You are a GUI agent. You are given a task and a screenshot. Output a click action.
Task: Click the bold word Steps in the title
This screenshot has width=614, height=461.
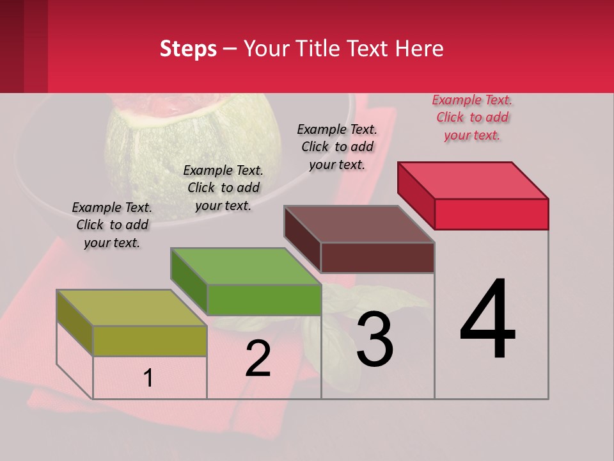pyautogui.click(x=188, y=49)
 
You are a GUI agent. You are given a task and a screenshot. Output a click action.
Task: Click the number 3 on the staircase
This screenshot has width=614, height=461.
pyautogui.click(x=375, y=341)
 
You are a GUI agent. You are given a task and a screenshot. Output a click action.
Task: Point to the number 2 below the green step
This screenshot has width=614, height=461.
pyautogui.click(x=258, y=359)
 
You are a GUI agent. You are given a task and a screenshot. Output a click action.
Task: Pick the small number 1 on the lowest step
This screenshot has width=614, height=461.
pyautogui.click(x=148, y=378)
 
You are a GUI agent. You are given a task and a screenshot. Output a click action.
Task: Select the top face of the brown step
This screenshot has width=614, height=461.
pyautogui.click(x=359, y=224)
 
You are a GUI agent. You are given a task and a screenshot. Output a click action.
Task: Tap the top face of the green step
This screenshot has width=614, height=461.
pyautogui.click(x=246, y=266)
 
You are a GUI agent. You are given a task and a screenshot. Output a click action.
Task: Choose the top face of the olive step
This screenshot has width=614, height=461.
pyautogui.click(x=132, y=307)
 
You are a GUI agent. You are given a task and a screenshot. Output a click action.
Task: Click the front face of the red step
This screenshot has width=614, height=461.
pyautogui.click(x=491, y=214)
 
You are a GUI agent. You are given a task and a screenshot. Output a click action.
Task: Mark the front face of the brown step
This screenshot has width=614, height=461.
pyautogui.click(x=377, y=257)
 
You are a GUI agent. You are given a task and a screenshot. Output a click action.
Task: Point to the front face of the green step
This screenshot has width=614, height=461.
pyautogui.click(x=264, y=300)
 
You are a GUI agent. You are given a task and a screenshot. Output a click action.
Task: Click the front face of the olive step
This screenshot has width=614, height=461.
pyautogui.click(x=150, y=341)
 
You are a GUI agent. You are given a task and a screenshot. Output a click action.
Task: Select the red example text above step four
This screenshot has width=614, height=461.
pyautogui.click(x=472, y=117)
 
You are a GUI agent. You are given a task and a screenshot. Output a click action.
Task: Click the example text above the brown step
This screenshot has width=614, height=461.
pyautogui.click(x=337, y=147)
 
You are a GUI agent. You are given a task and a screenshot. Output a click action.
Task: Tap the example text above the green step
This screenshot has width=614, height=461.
pyautogui.click(x=223, y=188)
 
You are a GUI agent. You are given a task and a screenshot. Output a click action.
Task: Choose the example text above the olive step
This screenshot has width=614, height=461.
pyautogui.click(x=112, y=225)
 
